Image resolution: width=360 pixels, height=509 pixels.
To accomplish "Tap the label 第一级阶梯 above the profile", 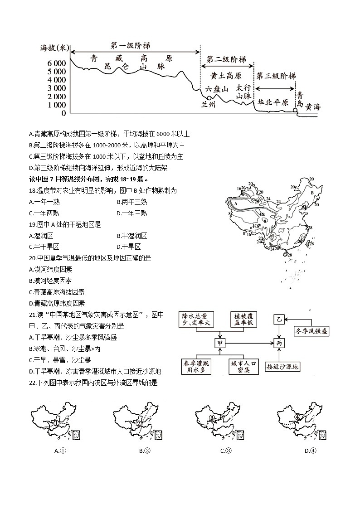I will pos(131,46).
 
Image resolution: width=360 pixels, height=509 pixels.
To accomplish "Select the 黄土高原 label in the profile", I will pos(226,75).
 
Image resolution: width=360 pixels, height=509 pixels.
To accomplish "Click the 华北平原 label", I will pos(273,102).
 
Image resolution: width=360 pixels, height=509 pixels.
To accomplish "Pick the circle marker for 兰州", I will pos(209,97).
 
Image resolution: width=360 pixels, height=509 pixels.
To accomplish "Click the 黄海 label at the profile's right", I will pos(312,107).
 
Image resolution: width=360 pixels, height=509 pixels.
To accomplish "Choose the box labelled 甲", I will pos(220,343).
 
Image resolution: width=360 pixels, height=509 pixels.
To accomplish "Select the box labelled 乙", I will pos(279,320).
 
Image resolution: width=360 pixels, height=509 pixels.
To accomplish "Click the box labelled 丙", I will pos(279,343).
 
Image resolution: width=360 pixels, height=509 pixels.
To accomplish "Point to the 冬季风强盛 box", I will pos(311,331).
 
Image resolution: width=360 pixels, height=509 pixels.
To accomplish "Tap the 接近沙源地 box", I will pos(282,367).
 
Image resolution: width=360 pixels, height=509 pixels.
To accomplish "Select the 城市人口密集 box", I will pos(243,367).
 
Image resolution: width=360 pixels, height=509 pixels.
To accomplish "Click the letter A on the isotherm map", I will pos(236,204).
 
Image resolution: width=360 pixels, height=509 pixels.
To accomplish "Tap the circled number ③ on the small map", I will pos(211,418).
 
